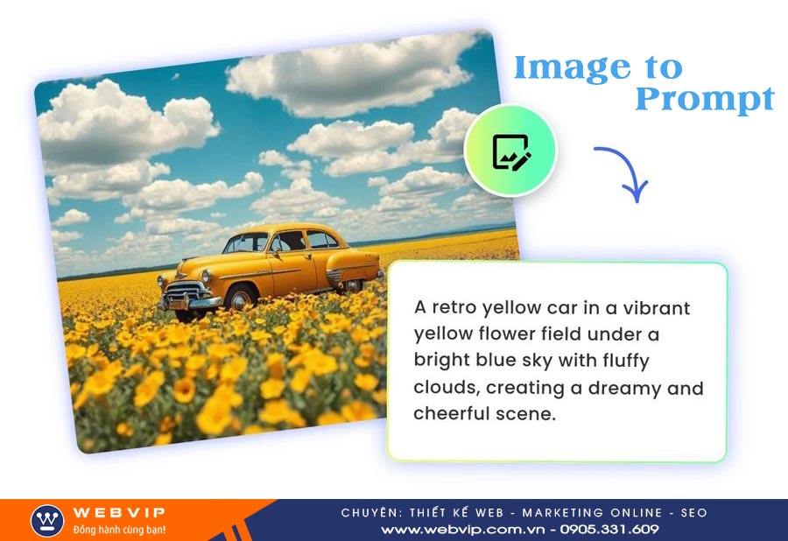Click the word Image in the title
tap(572, 69)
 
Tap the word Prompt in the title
tap(705, 100)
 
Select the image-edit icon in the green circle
tap(511, 151)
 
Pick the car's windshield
tap(246, 242)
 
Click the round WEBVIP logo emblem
tap(47, 521)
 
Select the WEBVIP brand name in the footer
tap(118, 512)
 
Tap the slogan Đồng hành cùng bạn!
tap(119, 530)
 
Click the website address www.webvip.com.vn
tap(462, 530)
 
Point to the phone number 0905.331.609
tap(609, 530)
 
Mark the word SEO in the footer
tap(694, 513)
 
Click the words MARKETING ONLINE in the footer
tap(592, 513)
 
